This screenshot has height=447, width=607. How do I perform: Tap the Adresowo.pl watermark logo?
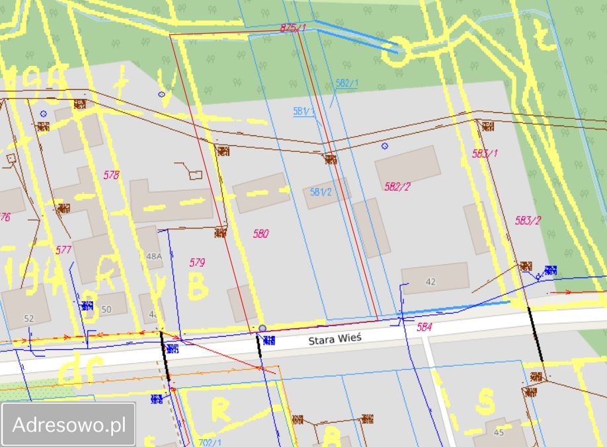(x=69, y=425)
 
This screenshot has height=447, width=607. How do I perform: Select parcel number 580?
(x=261, y=234)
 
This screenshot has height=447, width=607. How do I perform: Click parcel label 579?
(x=197, y=263)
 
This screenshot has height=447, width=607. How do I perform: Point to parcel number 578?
(x=112, y=175)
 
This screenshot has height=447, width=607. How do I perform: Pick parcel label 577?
(x=63, y=250)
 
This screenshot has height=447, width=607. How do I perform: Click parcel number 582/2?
(x=397, y=187)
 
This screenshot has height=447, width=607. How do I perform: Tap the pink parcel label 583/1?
(x=485, y=153)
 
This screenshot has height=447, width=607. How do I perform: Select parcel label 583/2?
(x=528, y=221)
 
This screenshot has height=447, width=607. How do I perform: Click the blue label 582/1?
(x=346, y=83)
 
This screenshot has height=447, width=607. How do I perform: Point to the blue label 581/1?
(x=303, y=112)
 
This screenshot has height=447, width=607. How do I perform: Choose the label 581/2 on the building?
(x=321, y=192)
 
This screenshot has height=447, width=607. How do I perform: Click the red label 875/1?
(x=293, y=28)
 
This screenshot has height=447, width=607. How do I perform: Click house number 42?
(x=430, y=282)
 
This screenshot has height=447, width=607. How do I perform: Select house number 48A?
(x=153, y=256)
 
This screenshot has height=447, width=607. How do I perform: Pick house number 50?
(x=106, y=309)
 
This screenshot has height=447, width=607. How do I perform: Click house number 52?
(x=28, y=318)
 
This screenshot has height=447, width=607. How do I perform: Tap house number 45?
(x=499, y=432)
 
